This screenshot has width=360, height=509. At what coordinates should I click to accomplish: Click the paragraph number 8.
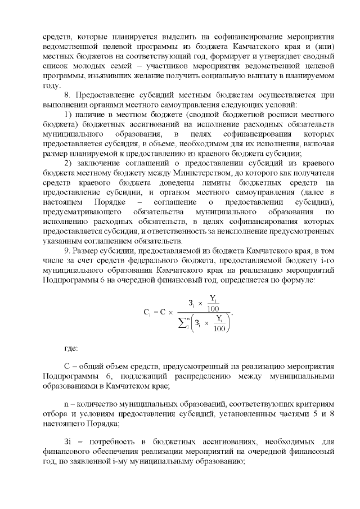66,96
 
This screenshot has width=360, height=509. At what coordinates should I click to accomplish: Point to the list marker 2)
67,164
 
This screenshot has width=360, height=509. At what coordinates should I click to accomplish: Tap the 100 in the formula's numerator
213,308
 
